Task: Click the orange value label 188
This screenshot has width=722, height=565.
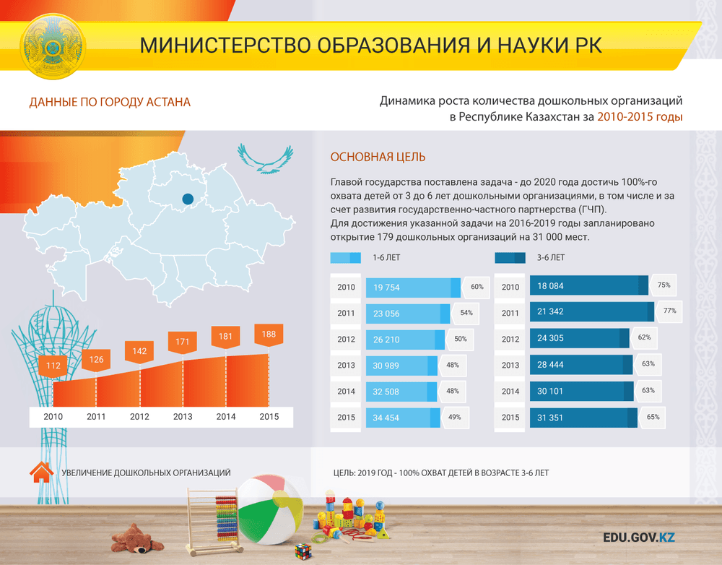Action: click(269, 335)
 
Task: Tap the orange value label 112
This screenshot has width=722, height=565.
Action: click(53, 366)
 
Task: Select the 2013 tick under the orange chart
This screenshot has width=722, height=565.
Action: click(183, 417)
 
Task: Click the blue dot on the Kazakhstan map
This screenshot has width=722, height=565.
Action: click(188, 199)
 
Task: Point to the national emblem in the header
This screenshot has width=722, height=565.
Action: click(53, 46)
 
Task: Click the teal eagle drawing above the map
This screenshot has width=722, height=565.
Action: click(266, 158)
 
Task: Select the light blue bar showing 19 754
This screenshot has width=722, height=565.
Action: click(413, 288)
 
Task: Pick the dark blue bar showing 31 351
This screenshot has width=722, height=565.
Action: click(583, 418)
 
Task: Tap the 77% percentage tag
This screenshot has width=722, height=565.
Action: click(669, 311)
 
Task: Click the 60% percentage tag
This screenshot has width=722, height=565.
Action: click(476, 287)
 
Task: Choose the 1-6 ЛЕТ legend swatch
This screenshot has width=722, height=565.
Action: click(345, 258)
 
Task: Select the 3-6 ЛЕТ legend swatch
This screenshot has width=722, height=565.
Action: click(510, 258)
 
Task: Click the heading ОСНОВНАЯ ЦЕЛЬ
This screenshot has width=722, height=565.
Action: click(378, 158)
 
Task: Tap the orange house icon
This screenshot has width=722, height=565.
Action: click(41, 472)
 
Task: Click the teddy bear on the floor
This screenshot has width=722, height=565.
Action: click(136, 538)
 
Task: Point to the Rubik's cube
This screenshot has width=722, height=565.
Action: click(303, 551)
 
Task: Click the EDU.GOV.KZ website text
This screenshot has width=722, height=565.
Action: click(639, 538)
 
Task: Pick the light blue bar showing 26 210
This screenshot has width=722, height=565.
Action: click(405, 340)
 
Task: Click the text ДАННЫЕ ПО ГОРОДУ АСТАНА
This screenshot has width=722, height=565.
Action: click(110, 102)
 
